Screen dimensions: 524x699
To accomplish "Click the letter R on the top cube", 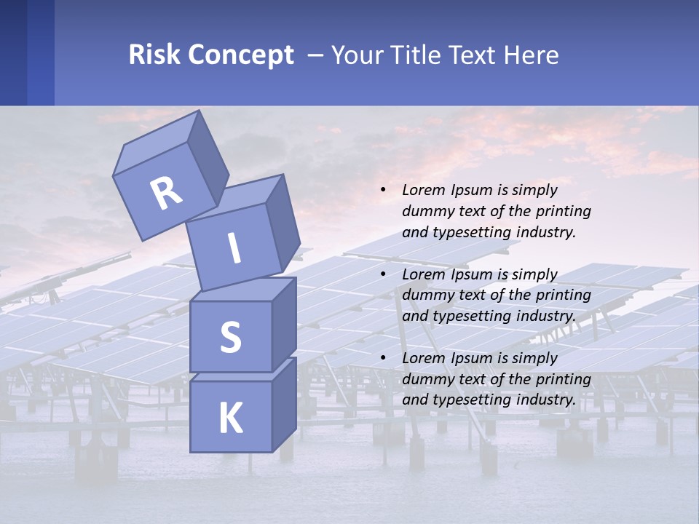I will pyautogui.click(x=167, y=192).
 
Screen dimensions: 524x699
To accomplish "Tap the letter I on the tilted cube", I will pyautogui.click(x=234, y=248).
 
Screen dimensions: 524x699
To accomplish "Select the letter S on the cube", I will pyautogui.click(x=230, y=337).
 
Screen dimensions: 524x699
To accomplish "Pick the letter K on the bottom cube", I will pyautogui.click(x=230, y=418).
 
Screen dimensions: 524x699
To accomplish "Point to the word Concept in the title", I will pyautogui.click(x=240, y=55).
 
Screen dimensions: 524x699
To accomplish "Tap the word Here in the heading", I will pyautogui.click(x=531, y=55).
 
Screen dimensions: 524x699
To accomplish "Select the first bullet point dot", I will pyautogui.click(x=383, y=191).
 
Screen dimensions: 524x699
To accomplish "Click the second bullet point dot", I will pyautogui.click(x=383, y=274).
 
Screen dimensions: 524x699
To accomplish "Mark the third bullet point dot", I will pyautogui.click(x=383, y=358).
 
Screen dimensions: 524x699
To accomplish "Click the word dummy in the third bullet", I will pyautogui.click(x=425, y=379).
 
